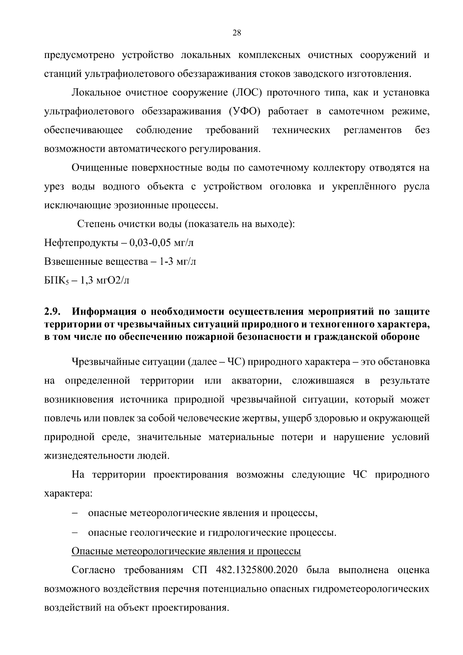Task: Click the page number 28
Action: pyautogui.click(x=237, y=33)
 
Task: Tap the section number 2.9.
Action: pyautogui.click(x=53, y=311)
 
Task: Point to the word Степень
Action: pyautogui.click(x=95, y=224)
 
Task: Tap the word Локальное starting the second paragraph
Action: pyautogui.click(x=96, y=93)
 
